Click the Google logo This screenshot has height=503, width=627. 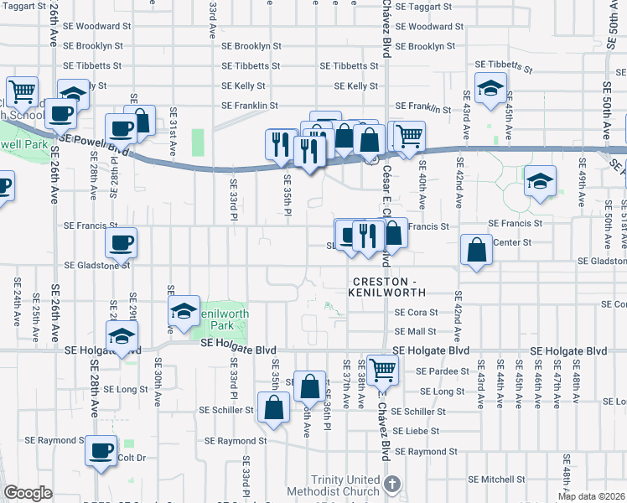coord(28,493)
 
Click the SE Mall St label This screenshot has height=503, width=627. coord(416,332)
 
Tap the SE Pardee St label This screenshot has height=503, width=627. coord(440,371)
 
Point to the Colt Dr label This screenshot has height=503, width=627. coord(132,458)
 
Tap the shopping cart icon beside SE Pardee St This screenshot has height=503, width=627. coord(382,369)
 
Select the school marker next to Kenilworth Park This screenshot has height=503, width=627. coord(184,312)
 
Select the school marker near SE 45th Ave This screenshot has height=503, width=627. coord(540,180)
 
